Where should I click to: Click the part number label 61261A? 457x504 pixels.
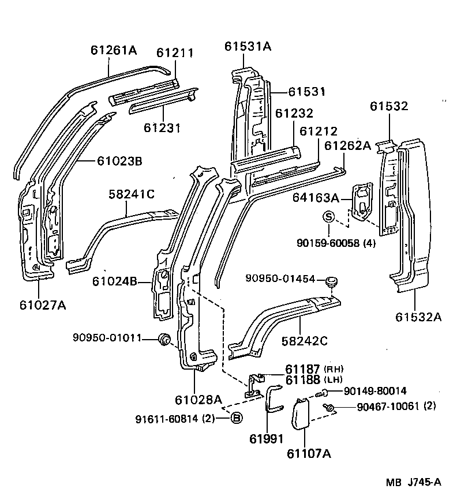(x=113, y=50)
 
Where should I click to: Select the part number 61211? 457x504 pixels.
(x=175, y=53)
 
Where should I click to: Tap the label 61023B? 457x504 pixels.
(x=119, y=161)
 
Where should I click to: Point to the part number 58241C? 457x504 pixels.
(x=132, y=195)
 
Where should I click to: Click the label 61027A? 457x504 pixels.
(x=40, y=305)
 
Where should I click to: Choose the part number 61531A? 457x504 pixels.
(x=248, y=46)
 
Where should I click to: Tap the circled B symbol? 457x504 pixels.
(x=236, y=418)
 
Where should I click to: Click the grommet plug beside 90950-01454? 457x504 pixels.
(x=331, y=283)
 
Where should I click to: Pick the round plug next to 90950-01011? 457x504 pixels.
(x=164, y=340)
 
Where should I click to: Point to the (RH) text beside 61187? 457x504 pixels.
(x=334, y=369)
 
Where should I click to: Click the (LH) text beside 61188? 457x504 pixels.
(x=334, y=380)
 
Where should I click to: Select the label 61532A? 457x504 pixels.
(x=418, y=317)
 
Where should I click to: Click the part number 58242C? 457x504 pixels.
(x=304, y=341)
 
